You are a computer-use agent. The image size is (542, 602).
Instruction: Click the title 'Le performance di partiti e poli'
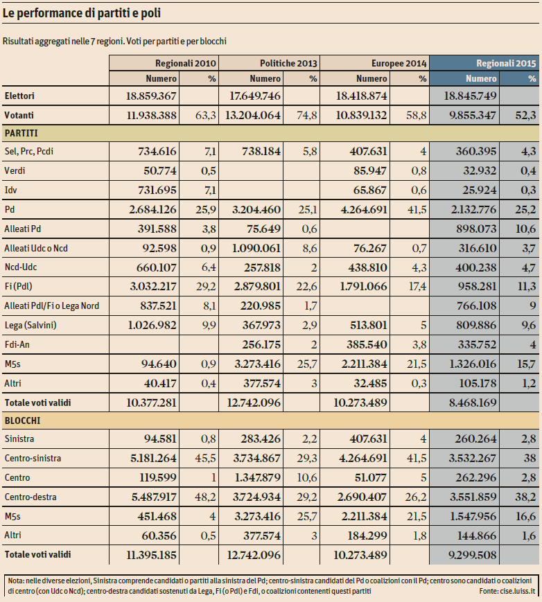(x=84, y=13)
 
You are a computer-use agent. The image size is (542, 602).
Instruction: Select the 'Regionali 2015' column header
(x=506, y=62)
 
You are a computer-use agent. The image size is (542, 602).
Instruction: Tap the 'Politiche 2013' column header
(x=288, y=62)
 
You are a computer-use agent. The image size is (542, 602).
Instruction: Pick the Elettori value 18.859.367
(x=151, y=96)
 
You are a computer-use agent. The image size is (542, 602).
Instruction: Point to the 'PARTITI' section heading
(x=21, y=132)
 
